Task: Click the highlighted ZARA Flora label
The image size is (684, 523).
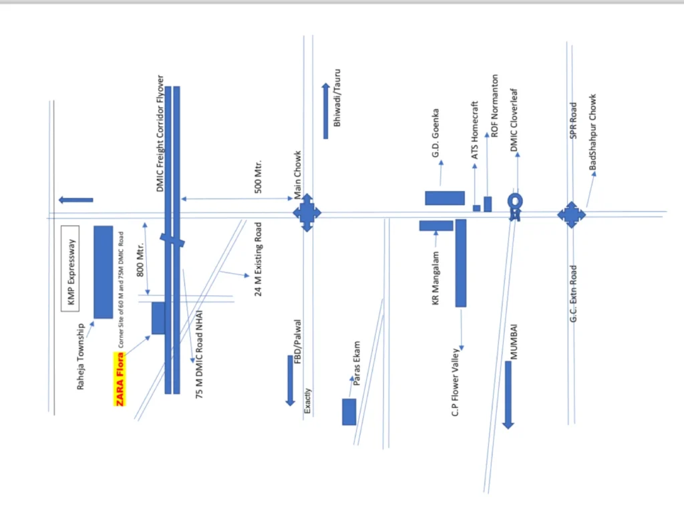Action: click(x=120, y=379)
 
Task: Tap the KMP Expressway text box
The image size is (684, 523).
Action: click(x=70, y=269)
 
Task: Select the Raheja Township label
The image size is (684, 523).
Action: click(x=81, y=357)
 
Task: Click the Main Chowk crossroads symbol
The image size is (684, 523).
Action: click(x=307, y=213)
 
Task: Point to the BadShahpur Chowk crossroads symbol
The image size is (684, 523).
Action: click(x=571, y=214)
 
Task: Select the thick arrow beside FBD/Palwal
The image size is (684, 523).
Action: click(x=291, y=380)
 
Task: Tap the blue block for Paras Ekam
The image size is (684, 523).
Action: click(x=349, y=411)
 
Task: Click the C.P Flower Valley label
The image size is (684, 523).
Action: click(x=456, y=382)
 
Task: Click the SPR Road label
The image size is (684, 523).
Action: click(x=573, y=121)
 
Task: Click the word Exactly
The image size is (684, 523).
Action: click(x=307, y=402)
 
